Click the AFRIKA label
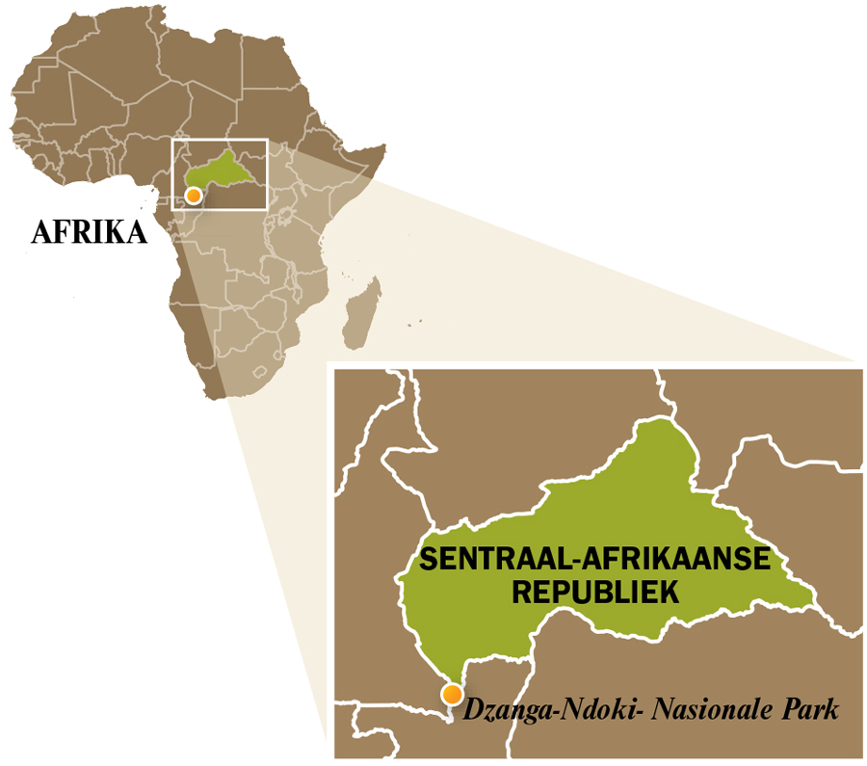coord(90,232)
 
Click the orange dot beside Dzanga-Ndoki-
coord(450,694)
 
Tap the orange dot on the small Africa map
coord(194,196)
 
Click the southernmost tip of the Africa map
coord(223,398)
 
